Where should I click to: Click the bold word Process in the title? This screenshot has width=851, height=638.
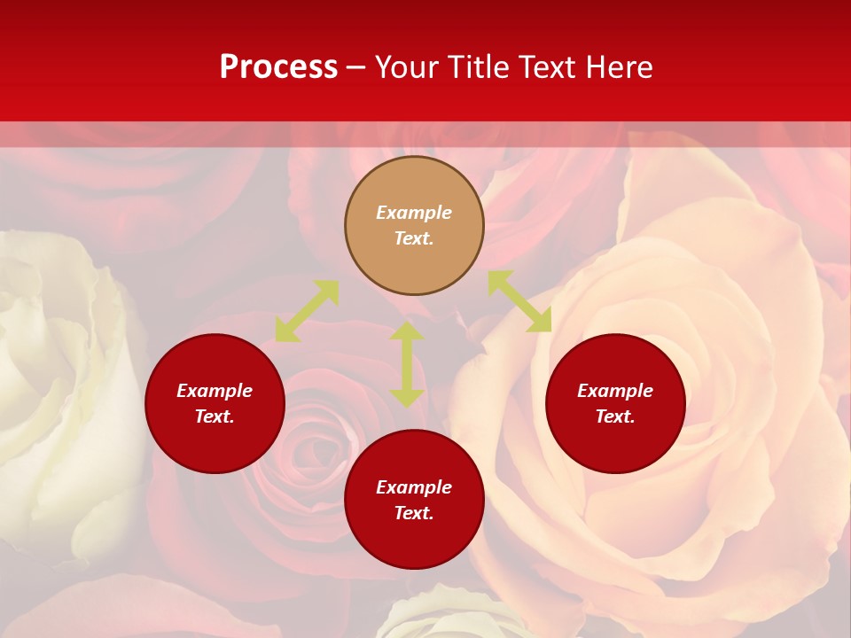(x=278, y=67)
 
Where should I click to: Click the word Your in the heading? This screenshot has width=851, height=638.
(x=407, y=67)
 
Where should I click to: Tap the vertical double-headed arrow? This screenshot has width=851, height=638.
(x=407, y=364)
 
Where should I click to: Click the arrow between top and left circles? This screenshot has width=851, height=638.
(x=307, y=311)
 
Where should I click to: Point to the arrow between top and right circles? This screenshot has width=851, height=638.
(x=519, y=301)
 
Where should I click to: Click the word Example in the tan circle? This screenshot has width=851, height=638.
(x=414, y=213)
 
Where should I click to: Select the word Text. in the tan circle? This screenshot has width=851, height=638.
(x=414, y=238)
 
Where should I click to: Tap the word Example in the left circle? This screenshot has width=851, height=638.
(x=215, y=391)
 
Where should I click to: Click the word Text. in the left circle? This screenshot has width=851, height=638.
(x=215, y=416)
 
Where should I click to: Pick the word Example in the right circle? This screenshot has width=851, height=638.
(x=615, y=391)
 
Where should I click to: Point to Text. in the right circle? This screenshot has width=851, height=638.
(x=615, y=416)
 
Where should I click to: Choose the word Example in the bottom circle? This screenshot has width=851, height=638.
(x=414, y=487)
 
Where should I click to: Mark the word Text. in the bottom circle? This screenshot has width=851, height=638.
(x=414, y=513)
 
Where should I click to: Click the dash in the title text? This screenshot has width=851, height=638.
(x=355, y=68)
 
